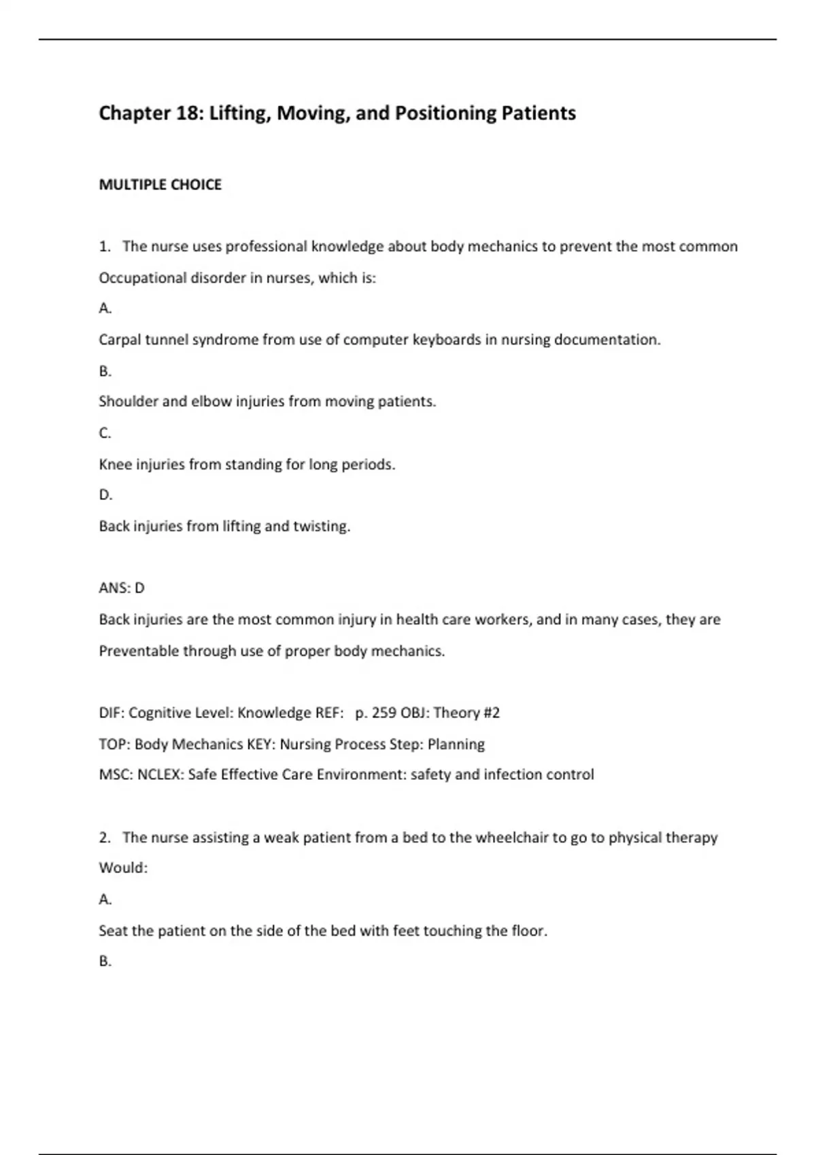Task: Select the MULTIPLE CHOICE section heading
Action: (x=160, y=185)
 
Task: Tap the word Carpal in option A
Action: (x=120, y=340)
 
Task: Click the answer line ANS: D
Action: (x=122, y=588)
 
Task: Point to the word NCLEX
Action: (x=160, y=775)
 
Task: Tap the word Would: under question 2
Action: (x=123, y=868)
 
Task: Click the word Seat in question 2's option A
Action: (x=112, y=931)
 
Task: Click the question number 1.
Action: (x=104, y=247)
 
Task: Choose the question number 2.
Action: (x=104, y=838)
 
